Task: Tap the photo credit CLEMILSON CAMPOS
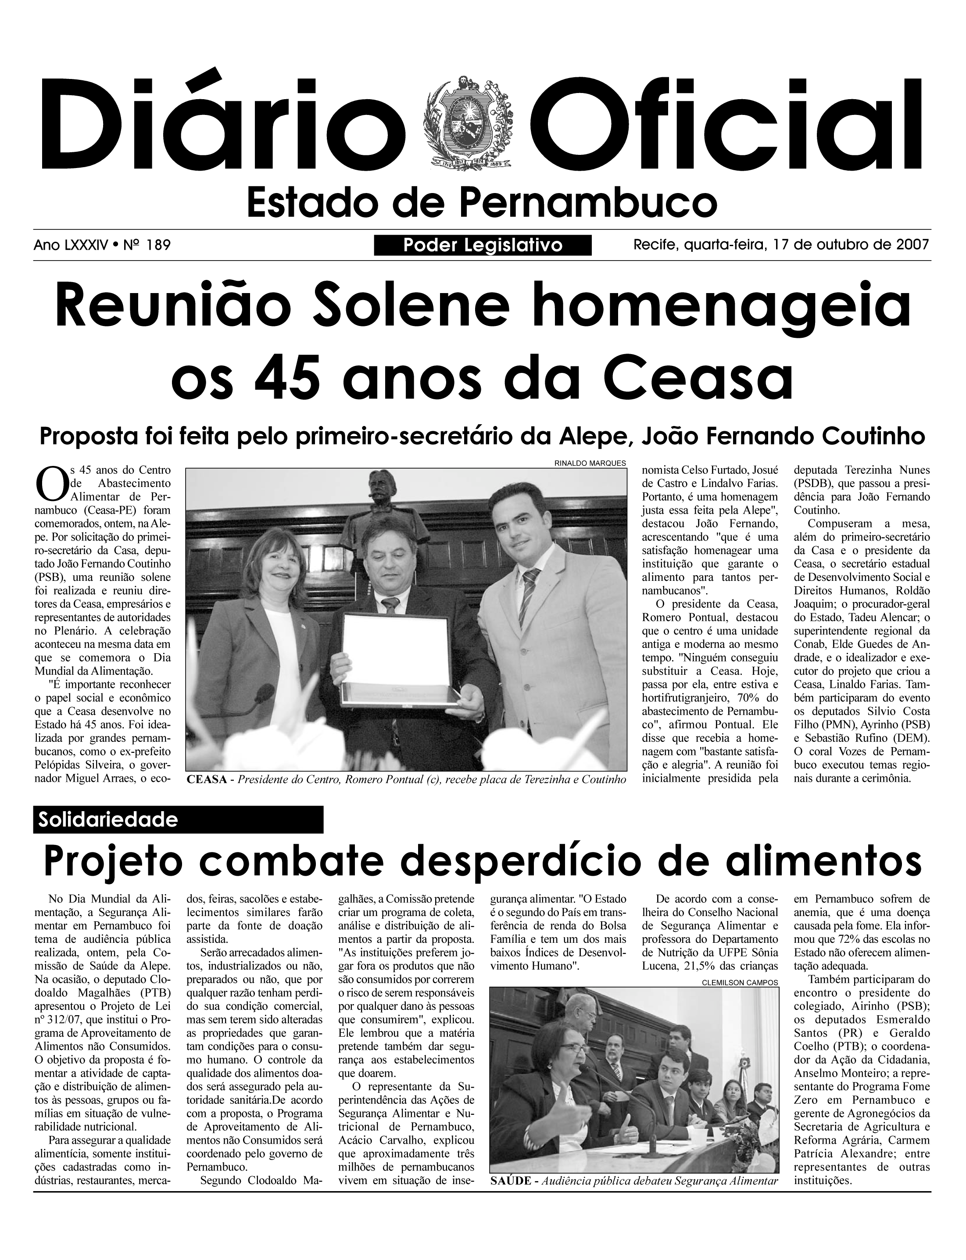coord(740,983)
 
